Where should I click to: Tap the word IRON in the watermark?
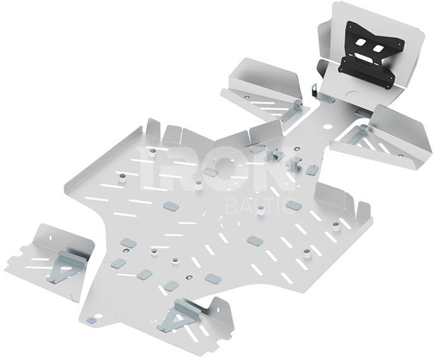click(x=216, y=168)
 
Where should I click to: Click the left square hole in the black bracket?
click(x=361, y=43)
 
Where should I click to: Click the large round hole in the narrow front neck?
click(x=328, y=126)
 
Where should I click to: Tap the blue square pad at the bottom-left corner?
click(x=91, y=320)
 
